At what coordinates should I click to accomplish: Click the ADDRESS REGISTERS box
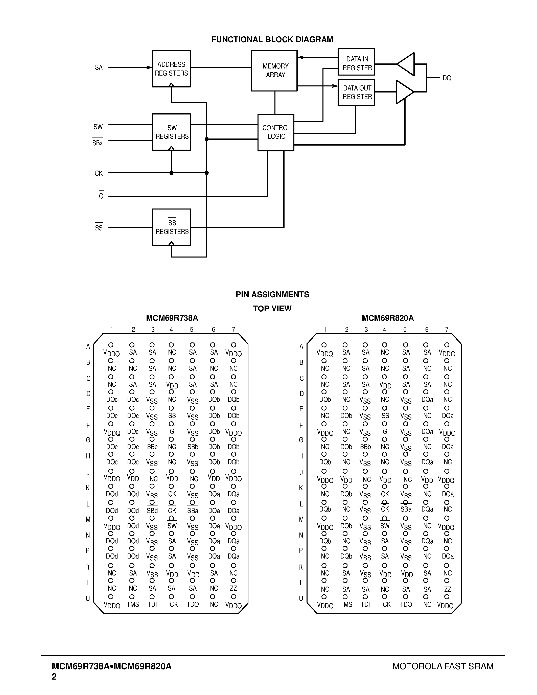click(171, 69)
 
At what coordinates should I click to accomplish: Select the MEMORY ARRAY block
click(274, 71)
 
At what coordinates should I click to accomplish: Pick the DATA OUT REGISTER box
click(356, 92)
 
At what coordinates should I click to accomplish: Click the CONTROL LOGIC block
click(276, 132)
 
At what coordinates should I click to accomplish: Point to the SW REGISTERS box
click(171, 132)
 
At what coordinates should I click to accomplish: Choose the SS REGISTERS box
click(171, 227)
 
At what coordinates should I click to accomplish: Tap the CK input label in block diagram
click(99, 173)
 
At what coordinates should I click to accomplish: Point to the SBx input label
click(97, 143)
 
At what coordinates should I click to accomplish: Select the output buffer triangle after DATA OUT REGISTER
click(404, 92)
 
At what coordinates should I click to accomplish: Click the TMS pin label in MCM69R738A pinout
click(133, 605)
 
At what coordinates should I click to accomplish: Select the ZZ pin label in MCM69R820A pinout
click(447, 589)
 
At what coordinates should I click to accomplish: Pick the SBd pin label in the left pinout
click(152, 511)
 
